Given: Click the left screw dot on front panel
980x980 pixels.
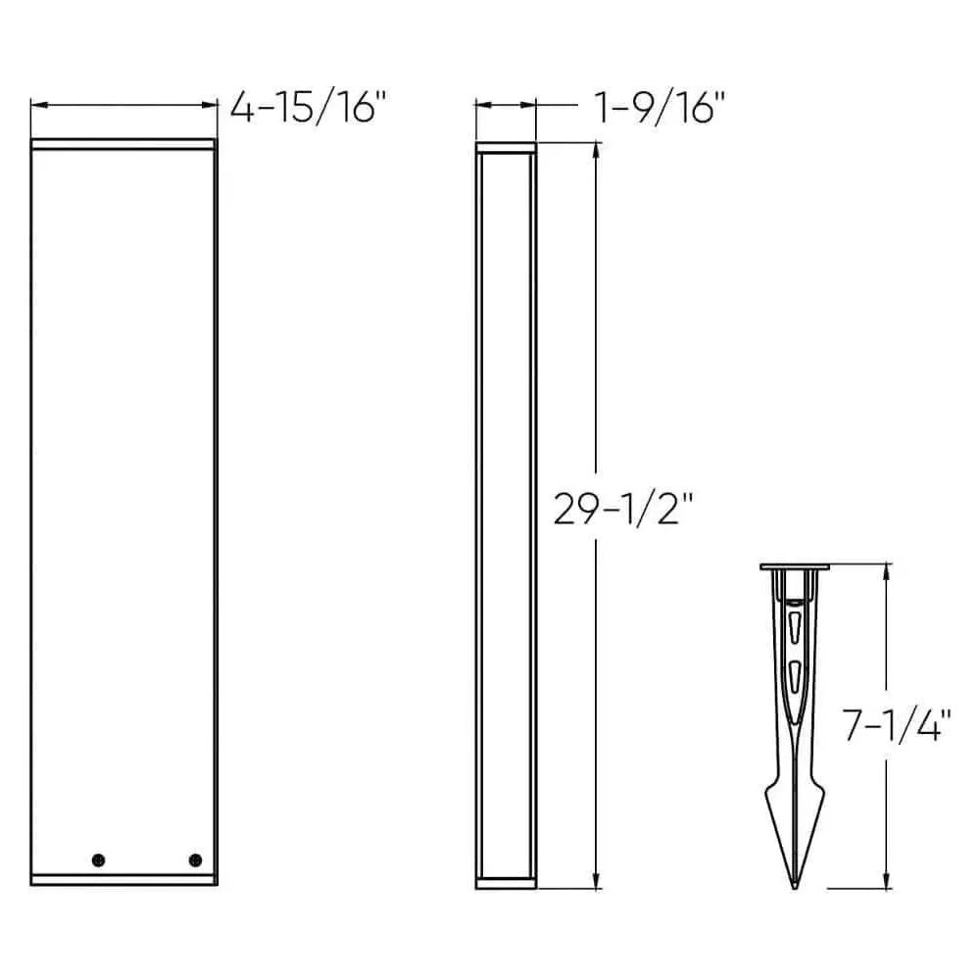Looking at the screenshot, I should [x=98, y=859].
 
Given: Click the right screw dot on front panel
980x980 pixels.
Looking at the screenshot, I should [x=194, y=859].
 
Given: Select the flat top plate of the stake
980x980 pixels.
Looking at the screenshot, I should [x=795, y=566].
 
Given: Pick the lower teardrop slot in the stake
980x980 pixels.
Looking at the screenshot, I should [x=795, y=673].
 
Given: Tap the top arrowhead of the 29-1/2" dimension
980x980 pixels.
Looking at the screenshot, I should [x=595, y=150].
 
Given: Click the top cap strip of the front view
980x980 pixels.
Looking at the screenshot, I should [x=123, y=145].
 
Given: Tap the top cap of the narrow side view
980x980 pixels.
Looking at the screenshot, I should [x=506, y=147].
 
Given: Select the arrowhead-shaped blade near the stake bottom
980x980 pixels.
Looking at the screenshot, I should [x=795, y=823].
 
